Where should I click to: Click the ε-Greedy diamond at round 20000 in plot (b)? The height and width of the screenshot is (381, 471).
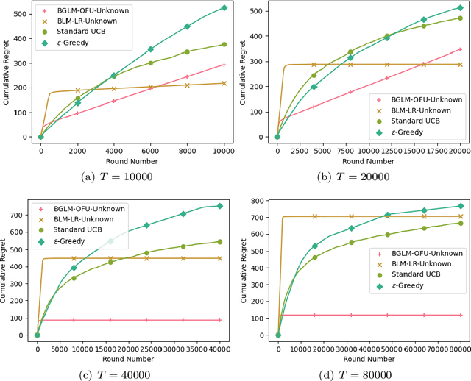coord(460,8)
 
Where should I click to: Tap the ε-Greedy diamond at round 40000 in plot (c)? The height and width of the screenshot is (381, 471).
coord(220,206)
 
